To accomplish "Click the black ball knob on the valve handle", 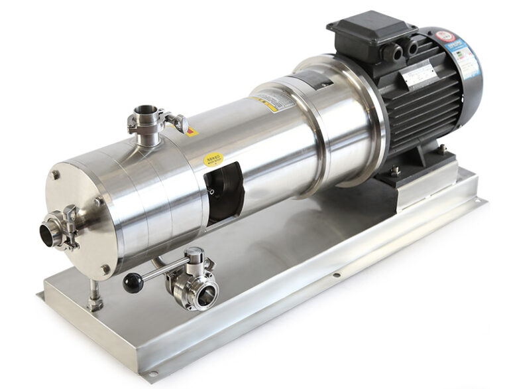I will point(133,283).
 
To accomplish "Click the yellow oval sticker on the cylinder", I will point(213,159).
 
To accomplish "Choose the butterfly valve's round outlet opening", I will point(205,293).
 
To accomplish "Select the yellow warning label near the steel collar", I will point(264,104).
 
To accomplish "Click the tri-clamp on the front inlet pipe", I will point(66,226).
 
